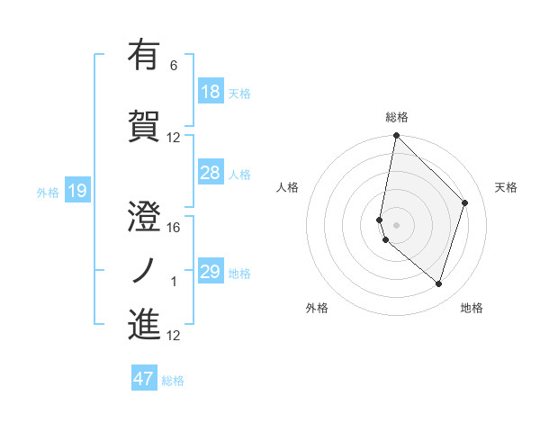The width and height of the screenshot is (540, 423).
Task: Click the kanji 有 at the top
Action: point(144,55)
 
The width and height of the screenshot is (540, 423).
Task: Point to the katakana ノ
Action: point(144,270)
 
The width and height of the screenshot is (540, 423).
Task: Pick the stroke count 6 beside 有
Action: point(174,66)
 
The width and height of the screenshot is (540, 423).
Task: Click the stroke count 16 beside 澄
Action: point(174,227)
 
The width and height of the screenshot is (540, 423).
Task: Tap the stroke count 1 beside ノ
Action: point(174,282)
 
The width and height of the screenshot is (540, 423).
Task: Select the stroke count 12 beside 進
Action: point(174,336)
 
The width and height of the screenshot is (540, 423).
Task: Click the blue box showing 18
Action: point(210,92)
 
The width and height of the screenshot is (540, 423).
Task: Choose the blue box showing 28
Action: point(210,173)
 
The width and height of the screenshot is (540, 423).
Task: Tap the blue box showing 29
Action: point(210,272)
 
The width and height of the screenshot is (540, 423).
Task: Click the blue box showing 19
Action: point(76,190)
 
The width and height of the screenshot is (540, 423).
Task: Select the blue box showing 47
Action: point(143,379)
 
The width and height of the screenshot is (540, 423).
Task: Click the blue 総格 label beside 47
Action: point(173,381)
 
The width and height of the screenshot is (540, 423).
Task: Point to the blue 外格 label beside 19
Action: point(48,192)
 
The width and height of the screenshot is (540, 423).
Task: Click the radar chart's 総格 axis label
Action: point(396,117)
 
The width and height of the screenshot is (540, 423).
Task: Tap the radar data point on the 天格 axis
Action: point(465,202)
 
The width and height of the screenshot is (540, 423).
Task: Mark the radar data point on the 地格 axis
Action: point(438,283)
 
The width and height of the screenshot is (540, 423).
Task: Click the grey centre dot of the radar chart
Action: point(396,224)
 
